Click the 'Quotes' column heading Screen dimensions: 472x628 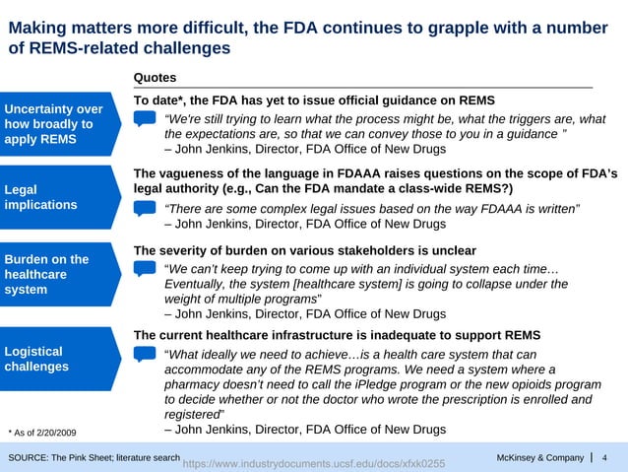click(x=155, y=77)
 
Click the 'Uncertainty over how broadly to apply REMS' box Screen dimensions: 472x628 click(x=54, y=124)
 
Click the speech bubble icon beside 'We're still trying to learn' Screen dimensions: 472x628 click(x=145, y=119)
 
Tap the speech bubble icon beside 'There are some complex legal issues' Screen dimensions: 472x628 click(x=145, y=208)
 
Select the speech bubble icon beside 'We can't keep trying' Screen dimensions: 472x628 click(x=145, y=269)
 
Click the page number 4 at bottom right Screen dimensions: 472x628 click(x=604, y=457)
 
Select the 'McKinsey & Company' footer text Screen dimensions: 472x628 click(x=540, y=457)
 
